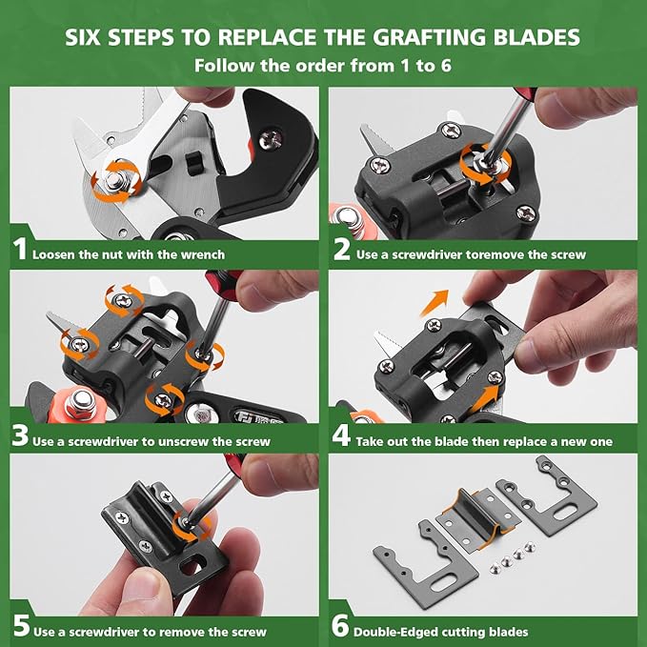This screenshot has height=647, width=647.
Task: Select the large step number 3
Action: [x=18, y=440]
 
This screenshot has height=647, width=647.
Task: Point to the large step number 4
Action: [x=341, y=440]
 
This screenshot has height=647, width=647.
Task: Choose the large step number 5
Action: [x=18, y=630]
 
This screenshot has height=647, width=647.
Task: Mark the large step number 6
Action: [x=341, y=630]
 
